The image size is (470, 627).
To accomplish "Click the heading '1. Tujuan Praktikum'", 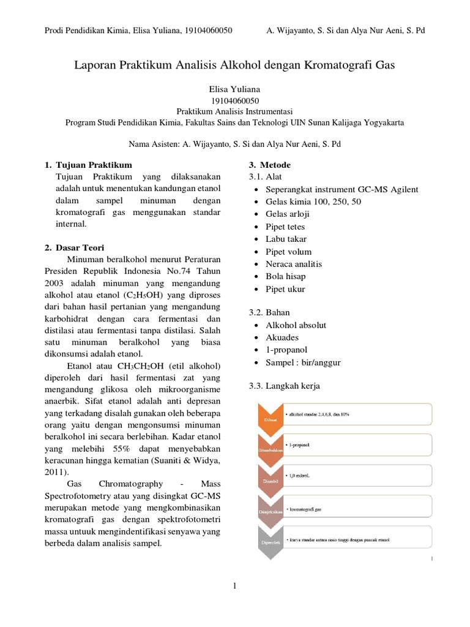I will pos(88,165).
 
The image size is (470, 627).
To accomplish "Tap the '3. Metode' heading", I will pos(269,165).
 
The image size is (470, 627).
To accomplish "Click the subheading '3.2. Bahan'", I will pos(269,312).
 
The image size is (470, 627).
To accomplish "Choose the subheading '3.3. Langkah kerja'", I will pos(284,386).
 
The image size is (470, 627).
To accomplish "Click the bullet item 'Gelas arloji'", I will pos(287,214).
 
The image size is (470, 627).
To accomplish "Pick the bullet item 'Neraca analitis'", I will pos(294,264).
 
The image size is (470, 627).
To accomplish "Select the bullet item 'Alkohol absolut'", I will pos(296,325).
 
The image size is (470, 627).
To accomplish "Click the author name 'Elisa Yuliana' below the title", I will pos(234,89).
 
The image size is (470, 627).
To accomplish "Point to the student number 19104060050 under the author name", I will pos(234,100).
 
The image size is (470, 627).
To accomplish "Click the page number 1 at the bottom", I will pos(234,587).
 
